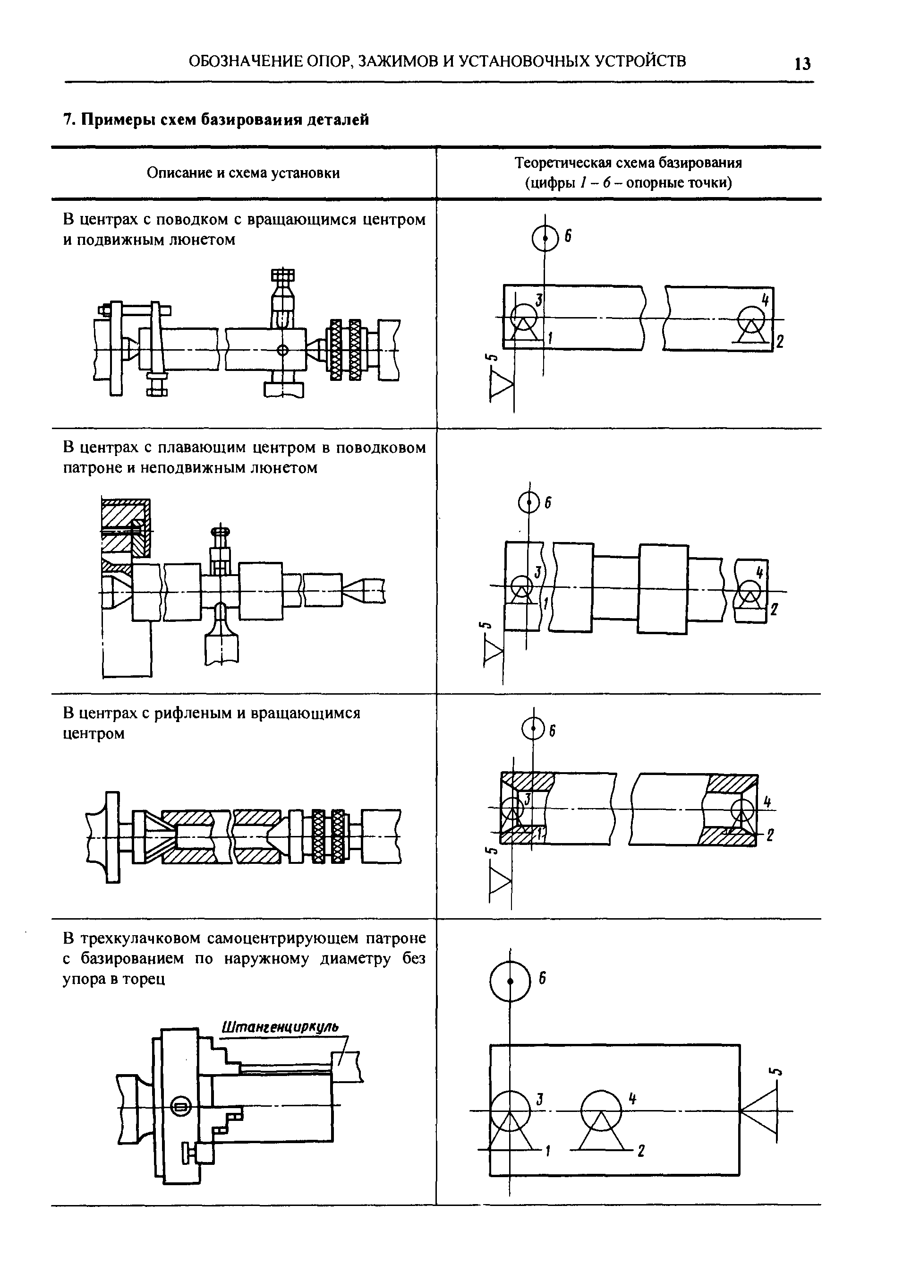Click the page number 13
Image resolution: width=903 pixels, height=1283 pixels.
802,64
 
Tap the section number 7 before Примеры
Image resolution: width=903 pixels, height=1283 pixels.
68,120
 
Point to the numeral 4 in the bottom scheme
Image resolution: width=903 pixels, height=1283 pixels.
633,1098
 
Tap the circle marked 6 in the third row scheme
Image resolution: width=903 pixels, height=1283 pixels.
533,729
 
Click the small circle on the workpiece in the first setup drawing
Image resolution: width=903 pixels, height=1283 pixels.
282,350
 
